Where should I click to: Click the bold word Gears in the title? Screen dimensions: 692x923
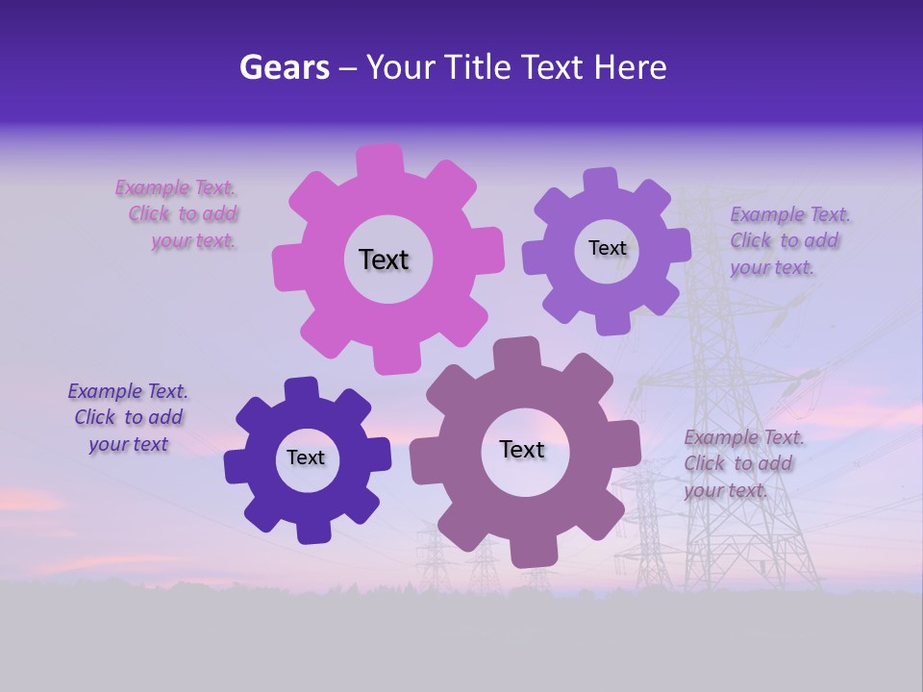(284, 67)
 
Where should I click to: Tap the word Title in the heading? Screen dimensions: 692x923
(475, 67)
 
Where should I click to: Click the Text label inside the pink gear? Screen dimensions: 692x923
(384, 259)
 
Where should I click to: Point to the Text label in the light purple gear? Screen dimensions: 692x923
(607, 248)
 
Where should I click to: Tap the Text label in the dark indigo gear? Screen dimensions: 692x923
(306, 457)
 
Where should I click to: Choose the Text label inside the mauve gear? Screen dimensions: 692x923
(522, 449)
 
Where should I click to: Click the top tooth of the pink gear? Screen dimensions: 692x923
(380, 160)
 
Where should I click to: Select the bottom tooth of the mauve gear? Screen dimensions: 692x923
(533, 552)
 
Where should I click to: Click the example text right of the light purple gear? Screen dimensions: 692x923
(788, 240)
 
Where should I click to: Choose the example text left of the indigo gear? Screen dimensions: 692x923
(128, 417)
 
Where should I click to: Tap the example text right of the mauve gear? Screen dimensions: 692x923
(742, 463)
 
